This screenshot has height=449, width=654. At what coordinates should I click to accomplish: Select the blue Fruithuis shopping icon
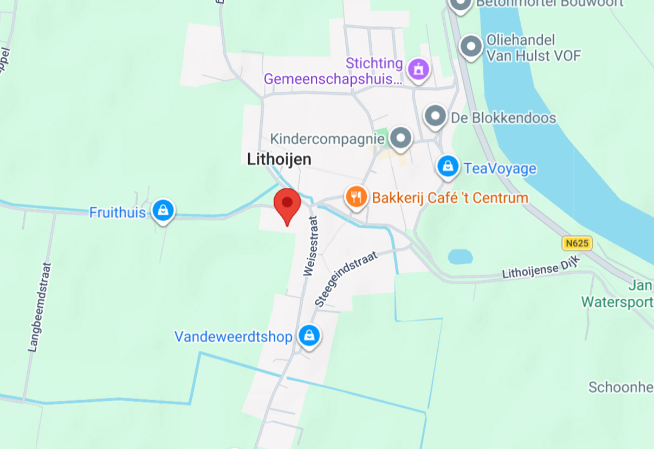coord(162,210)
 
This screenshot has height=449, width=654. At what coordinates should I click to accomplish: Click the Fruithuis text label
coord(118,212)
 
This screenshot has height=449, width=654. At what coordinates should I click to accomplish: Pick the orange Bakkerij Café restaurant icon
coord(355,197)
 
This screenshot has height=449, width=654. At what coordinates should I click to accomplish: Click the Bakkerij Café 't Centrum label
coord(450,197)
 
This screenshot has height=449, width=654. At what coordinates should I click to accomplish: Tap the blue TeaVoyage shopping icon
coord(448,168)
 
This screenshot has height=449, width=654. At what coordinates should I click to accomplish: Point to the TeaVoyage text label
coord(500,168)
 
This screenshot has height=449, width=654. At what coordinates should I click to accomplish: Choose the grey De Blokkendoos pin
coord(434,116)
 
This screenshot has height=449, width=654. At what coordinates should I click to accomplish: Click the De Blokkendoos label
coord(503,117)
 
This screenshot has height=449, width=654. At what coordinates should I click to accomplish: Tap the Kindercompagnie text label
coord(327,139)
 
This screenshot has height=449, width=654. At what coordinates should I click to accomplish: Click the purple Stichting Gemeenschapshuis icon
coord(418,69)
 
